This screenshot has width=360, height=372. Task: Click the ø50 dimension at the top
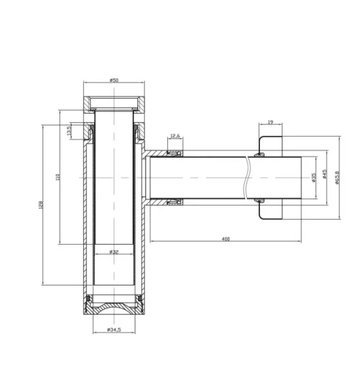pyautogui.click(x=114, y=80)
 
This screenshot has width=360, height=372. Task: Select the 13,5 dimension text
pyautogui.click(x=69, y=131)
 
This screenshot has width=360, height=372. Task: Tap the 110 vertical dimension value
pyautogui.click(x=57, y=178)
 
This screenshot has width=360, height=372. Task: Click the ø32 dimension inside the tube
pyautogui.click(x=114, y=252)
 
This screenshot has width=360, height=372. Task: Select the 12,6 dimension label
pyautogui.click(x=175, y=136)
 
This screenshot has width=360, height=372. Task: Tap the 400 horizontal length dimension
pyautogui.click(x=225, y=238)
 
